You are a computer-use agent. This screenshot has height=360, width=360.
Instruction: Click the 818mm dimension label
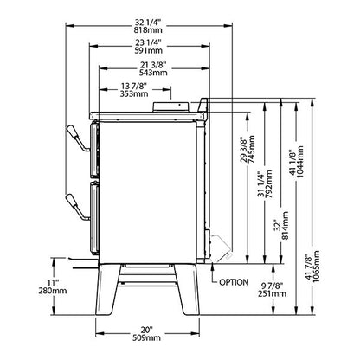click(148, 30)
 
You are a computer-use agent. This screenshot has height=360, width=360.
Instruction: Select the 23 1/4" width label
click(147, 42)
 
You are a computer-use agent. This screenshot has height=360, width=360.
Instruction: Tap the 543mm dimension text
click(153, 73)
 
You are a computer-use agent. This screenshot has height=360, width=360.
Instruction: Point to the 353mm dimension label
click(134, 93)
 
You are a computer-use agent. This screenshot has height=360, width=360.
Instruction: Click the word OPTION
click(234, 282)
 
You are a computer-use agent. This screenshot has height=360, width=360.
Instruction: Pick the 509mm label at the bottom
click(147, 337)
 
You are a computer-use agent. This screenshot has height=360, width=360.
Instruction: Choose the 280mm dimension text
click(53, 291)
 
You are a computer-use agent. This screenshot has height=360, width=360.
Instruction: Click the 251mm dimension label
click(273, 293)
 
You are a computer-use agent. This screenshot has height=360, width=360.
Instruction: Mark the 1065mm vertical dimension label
click(317, 267)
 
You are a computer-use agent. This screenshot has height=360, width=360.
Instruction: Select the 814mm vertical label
click(285, 226)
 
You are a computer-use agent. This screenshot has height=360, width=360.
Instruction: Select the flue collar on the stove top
click(171, 107)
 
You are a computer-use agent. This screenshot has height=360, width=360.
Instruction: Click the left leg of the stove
click(108, 289)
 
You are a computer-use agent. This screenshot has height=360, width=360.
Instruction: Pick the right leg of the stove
click(187, 289)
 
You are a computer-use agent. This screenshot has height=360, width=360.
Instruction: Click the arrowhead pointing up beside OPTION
click(213, 267)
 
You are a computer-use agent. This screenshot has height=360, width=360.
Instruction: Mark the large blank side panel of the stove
click(147, 192)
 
